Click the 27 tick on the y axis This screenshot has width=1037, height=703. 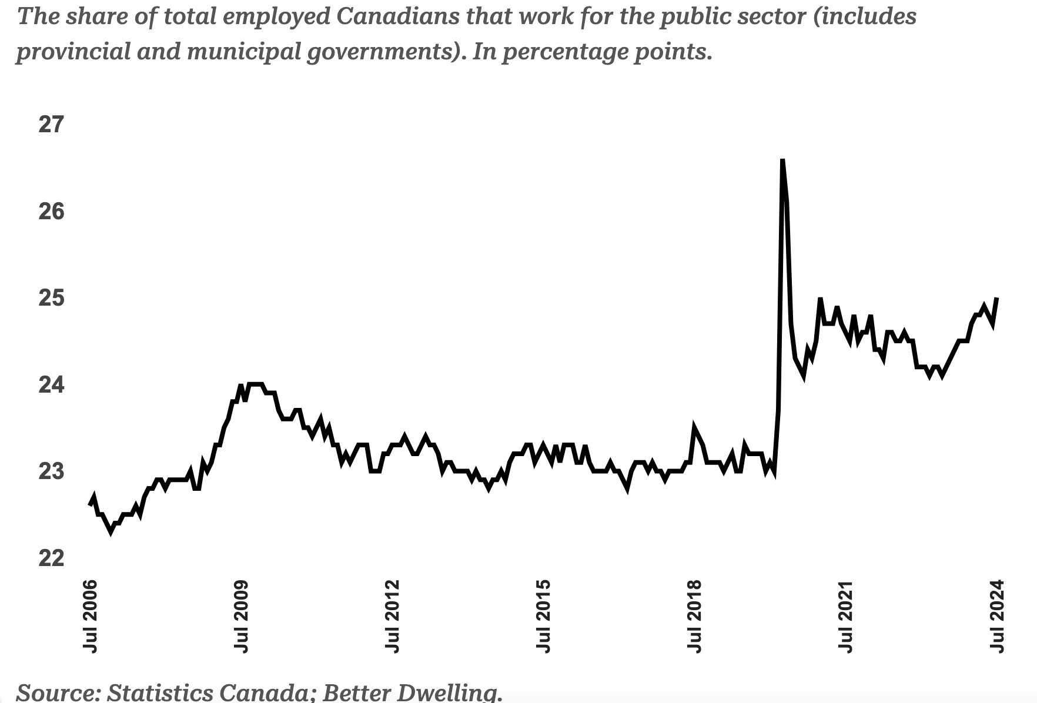tap(51, 125)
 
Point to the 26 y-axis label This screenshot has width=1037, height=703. tap(51, 212)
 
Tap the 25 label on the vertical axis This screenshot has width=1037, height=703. tap(51, 299)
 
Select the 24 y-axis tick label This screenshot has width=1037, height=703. tap(51, 386)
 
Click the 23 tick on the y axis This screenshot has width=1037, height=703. tap(51, 472)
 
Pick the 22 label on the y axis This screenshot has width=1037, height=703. tap(51, 558)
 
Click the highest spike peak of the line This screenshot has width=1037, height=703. tap(782, 160)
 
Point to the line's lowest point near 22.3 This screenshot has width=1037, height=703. tap(111, 532)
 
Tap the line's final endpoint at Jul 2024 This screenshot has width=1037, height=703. tap(997, 299)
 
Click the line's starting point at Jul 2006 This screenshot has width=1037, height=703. tap(90, 504)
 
